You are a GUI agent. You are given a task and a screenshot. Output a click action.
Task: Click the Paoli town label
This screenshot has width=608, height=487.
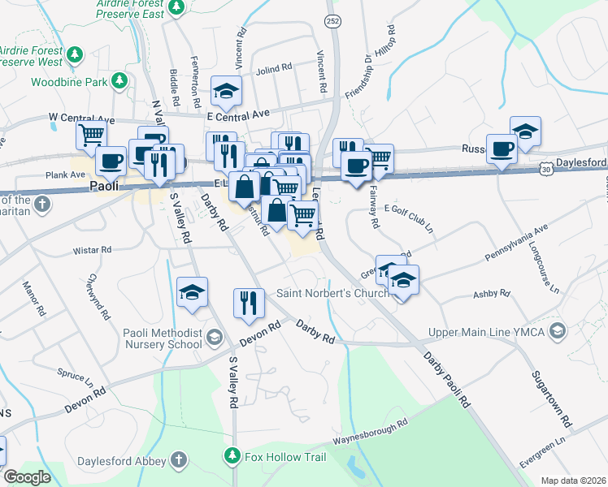coord(103,186)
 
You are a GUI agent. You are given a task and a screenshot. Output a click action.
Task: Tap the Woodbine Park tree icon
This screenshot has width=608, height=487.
coord(120,80)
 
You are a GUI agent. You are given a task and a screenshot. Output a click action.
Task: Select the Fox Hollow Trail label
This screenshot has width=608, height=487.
coord(285,457)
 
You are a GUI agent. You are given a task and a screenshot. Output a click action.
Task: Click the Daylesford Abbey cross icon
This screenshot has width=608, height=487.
coord(178,462)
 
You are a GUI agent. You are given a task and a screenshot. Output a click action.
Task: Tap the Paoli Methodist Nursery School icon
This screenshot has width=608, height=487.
coord(215,337)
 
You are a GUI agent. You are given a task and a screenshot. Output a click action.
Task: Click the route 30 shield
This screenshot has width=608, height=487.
coord(545,169)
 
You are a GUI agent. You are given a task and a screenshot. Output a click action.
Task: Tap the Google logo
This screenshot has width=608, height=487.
coord(26,476)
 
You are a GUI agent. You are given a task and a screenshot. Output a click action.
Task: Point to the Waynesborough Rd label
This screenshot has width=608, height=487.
coord(368,432)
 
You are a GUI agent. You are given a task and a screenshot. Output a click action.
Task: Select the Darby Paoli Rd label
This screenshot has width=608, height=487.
coord(446,377)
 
